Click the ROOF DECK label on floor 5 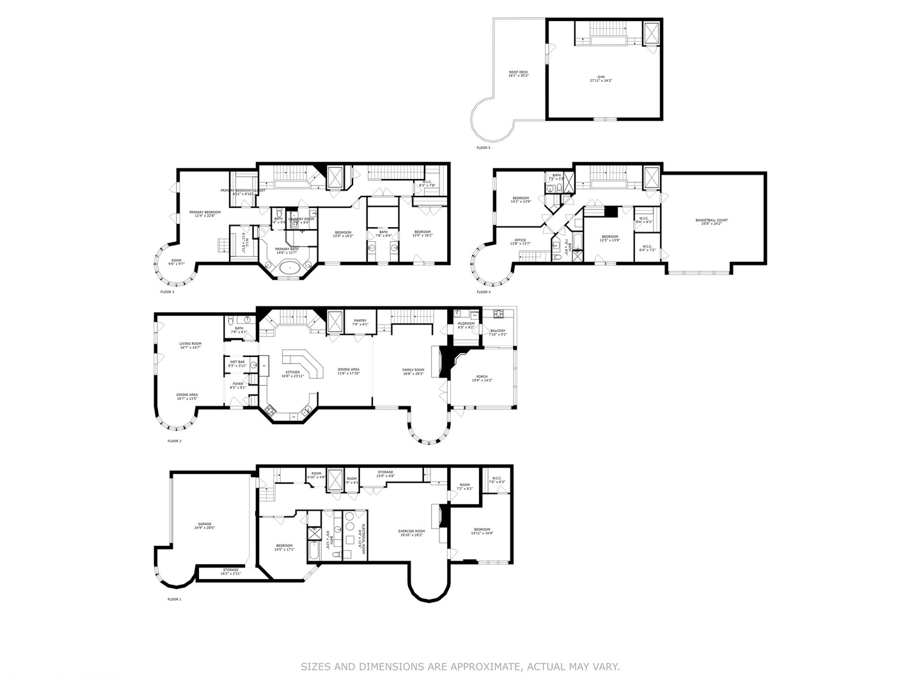pyautogui.click(x=518, y=73)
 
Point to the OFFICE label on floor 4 pyautogui.click(x=520, y=241)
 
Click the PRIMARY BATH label pyautogui.click(x=287, y=250)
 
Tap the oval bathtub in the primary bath pyautogui.click(x=290, y=269)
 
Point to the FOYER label pyautogui.click(x=237, y=385)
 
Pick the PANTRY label pyautogui.click(x=360, y=322)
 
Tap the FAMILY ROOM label pyautogui.click(x=413, y=371)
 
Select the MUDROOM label pyautogui.click(x=466, y=324)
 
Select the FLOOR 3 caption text pyautogui.click(x=167, y=292)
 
